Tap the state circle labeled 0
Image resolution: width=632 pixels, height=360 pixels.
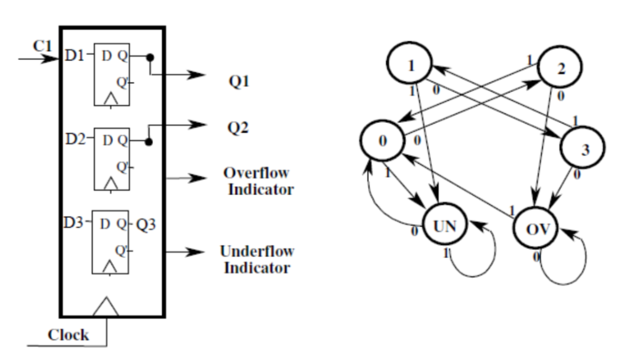click(x=383, y=140)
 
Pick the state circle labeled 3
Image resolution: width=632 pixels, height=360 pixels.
click(x=583, y=148)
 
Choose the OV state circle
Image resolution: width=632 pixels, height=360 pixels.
click(x=534, y=230)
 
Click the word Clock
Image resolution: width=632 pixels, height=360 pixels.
click(x=69, y=335)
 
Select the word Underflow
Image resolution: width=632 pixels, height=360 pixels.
click(x=257, y=251)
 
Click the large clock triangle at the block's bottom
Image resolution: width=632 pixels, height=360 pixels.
click(x=109, y=306)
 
